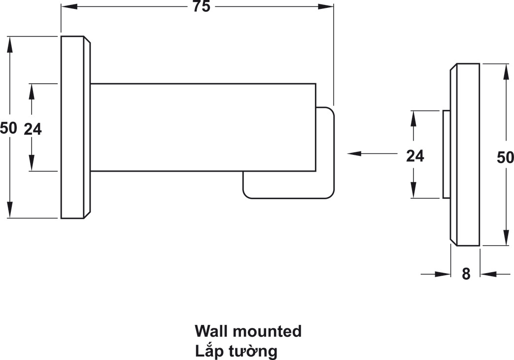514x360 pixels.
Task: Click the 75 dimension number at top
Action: (201, 6)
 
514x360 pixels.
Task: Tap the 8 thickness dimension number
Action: (466, 274)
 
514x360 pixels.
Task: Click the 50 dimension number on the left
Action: (8, 128)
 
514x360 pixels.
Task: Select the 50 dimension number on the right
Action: (505, 157)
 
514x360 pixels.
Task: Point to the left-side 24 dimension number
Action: (33, 129)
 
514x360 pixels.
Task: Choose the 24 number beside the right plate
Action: (415, 156)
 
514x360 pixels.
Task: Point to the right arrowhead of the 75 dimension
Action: (326, 6)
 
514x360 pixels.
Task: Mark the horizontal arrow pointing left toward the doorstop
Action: (373, 153)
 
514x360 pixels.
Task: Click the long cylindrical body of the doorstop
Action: (203, 127)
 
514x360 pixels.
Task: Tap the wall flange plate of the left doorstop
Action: (76, 127)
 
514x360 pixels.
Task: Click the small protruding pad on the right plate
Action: (446, 154)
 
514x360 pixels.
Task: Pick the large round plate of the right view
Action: (465, 154)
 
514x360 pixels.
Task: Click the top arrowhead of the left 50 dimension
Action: (10, 44)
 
